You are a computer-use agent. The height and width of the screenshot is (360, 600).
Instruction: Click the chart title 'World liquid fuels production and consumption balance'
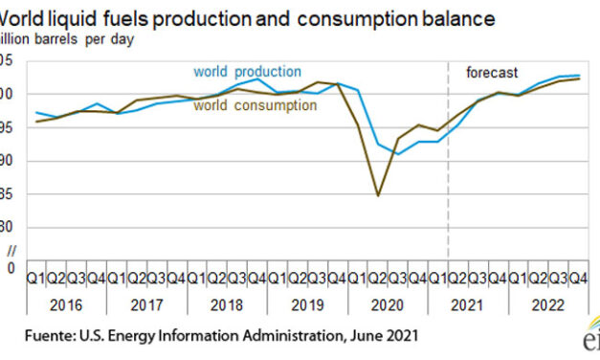(x=248, y=18)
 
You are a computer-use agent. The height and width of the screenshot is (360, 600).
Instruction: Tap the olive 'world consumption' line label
(x=255, y=105)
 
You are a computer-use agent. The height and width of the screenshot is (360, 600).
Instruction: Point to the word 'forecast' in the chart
(x=492, y=73)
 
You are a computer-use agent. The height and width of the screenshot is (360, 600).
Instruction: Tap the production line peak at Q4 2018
(x=257, y=79)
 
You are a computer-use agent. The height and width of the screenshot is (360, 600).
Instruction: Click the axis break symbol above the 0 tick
(x=11, y=250)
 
